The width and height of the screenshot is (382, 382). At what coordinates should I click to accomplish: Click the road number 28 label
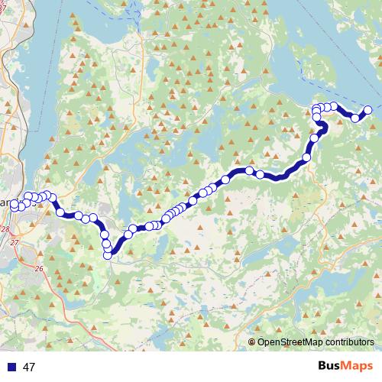click(x=5, y=228)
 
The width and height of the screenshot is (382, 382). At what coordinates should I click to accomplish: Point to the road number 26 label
click(x=39, y=267)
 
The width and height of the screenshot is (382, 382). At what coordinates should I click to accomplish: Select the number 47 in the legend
click(x=30, y=367)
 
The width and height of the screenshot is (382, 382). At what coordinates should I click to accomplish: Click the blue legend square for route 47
click(x=10, y=367)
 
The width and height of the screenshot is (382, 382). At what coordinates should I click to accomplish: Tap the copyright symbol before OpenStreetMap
click(x=252, y=342)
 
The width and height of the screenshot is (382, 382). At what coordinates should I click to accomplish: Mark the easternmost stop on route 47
click(x=367, y=110)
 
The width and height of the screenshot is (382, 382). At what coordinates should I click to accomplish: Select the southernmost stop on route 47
click(x=108, y=255)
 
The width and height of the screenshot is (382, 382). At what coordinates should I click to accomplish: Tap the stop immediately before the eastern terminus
click(x=355, y=118)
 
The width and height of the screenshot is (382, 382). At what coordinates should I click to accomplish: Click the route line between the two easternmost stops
click(x=362, y=115)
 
